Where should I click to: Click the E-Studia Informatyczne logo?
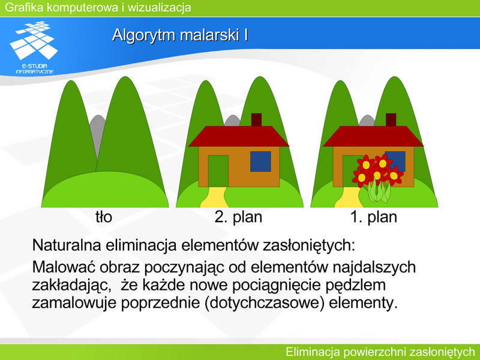click(x=34, y=47)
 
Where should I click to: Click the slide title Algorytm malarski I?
click(x=180, y=35)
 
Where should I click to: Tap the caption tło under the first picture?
click(x=104, y=217)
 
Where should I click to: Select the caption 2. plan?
click(x=238, y=217)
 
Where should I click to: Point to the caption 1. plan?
click(x=373, y=217)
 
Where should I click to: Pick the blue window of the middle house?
click(x=260, y=161)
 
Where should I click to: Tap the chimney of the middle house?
click(x=257, y=119)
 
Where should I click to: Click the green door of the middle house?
click(x=218, y=171)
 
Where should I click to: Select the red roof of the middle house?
click(x=238, y=136)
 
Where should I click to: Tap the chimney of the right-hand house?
click(x=391, y=119)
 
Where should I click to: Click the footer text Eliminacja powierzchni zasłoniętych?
click(x=380, y=352)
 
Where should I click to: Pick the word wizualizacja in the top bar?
click(x=159, y=7)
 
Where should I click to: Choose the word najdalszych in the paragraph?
click(x=374, y=268)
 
